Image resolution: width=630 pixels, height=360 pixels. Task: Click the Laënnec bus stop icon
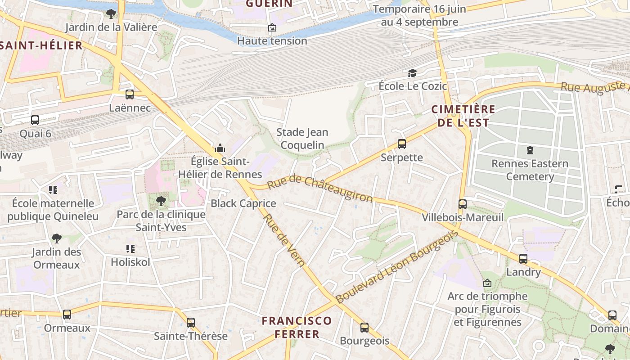130,94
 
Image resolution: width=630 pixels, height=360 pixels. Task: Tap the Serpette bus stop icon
402,144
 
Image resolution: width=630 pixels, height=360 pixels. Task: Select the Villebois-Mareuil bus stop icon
462,204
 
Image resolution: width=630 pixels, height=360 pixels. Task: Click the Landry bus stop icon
523,259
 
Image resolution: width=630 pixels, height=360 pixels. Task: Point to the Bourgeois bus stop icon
364,328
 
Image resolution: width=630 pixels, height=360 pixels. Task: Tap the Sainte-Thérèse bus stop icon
191,323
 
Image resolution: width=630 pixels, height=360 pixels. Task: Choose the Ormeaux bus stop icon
67,315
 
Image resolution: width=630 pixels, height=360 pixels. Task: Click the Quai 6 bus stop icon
35,120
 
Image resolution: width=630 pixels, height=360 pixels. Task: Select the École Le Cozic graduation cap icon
412,73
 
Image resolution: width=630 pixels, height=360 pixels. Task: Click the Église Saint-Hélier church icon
220,148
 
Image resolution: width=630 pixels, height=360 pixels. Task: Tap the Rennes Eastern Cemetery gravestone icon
530,150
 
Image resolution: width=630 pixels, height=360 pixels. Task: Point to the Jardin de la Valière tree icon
111,13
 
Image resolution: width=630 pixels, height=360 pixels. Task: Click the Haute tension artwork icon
272,28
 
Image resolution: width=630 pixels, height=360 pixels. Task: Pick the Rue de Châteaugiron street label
320,189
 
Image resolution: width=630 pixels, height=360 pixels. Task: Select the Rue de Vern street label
284,240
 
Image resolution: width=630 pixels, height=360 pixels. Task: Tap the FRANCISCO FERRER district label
297,327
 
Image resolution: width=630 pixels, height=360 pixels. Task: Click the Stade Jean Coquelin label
302,138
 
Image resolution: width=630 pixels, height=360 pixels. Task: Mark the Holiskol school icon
130,248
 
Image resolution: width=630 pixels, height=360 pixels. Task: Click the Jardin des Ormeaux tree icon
56,238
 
